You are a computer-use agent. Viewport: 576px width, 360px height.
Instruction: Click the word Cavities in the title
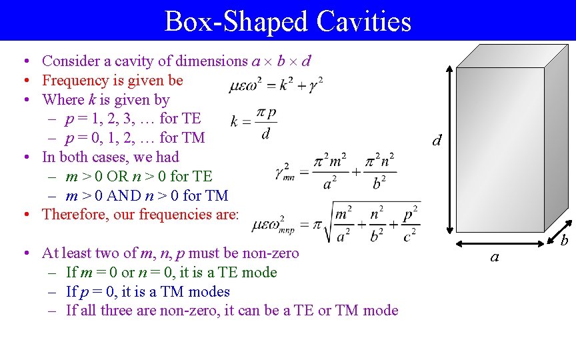pos(364,21)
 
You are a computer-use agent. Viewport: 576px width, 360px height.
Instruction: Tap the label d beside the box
pos(437,140)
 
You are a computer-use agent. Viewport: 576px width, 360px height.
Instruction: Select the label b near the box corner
pos(563,239)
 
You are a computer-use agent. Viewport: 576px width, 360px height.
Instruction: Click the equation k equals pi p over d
pos(253,123)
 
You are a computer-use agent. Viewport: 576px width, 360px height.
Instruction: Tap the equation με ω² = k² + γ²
pos(276,85)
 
